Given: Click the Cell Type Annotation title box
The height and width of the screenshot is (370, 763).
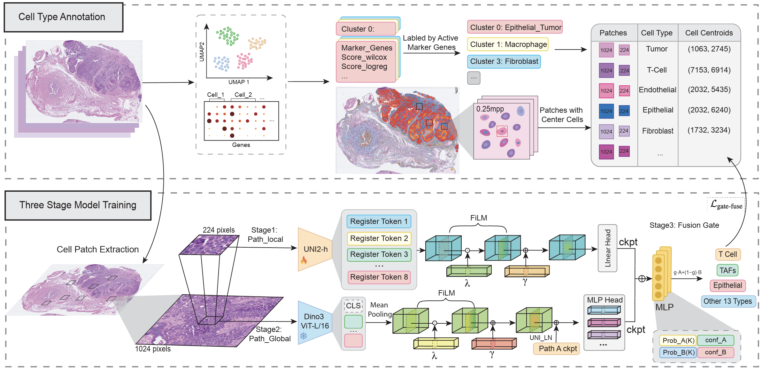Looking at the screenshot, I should click(63, 17).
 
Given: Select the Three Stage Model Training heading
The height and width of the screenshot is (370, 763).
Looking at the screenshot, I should click(78, 205).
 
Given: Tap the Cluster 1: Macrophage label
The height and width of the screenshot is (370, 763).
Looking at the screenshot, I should click(508, 44).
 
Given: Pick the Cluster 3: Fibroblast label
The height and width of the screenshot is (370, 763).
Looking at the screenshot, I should click(504, 61).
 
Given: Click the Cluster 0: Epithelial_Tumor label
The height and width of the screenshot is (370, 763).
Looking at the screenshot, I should click(515, 27).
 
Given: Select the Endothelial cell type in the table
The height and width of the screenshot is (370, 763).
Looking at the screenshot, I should click(657, 90).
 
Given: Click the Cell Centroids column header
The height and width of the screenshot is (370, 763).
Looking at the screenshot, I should click(709, 33).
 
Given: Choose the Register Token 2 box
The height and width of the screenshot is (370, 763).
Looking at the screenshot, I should click(379, 238).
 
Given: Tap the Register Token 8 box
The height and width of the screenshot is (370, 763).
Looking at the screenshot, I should click(379, 277).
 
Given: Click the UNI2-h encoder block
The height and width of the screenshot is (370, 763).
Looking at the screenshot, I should click(315, 250).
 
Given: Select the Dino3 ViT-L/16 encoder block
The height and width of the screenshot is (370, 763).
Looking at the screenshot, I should click(315, 321).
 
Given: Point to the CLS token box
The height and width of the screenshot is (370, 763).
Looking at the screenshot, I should click(353, 306).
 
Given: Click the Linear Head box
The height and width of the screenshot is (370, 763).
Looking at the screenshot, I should click(607, 248).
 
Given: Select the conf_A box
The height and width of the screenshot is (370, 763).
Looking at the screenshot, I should click(715, 340).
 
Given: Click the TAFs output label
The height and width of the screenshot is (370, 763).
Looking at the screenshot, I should click(728, 271).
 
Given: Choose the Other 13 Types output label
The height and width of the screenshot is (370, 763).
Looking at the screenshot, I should click(728, 301).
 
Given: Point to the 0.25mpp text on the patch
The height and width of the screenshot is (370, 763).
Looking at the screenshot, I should click(490, 109).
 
